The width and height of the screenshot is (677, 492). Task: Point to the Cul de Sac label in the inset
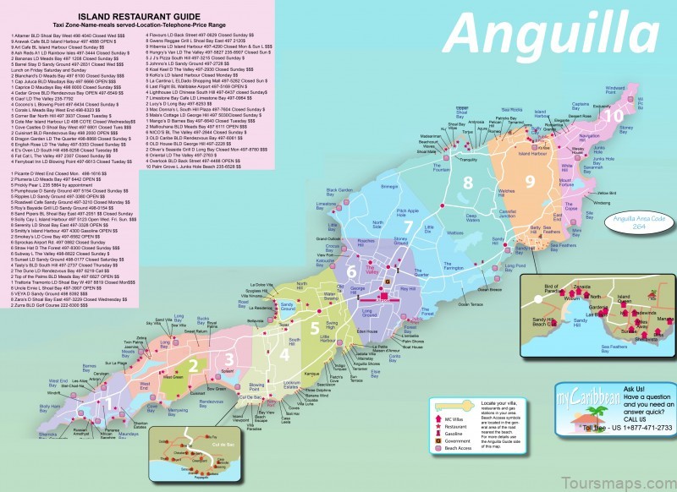(200, 446)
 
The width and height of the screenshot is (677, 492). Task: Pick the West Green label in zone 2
(173, 380)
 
